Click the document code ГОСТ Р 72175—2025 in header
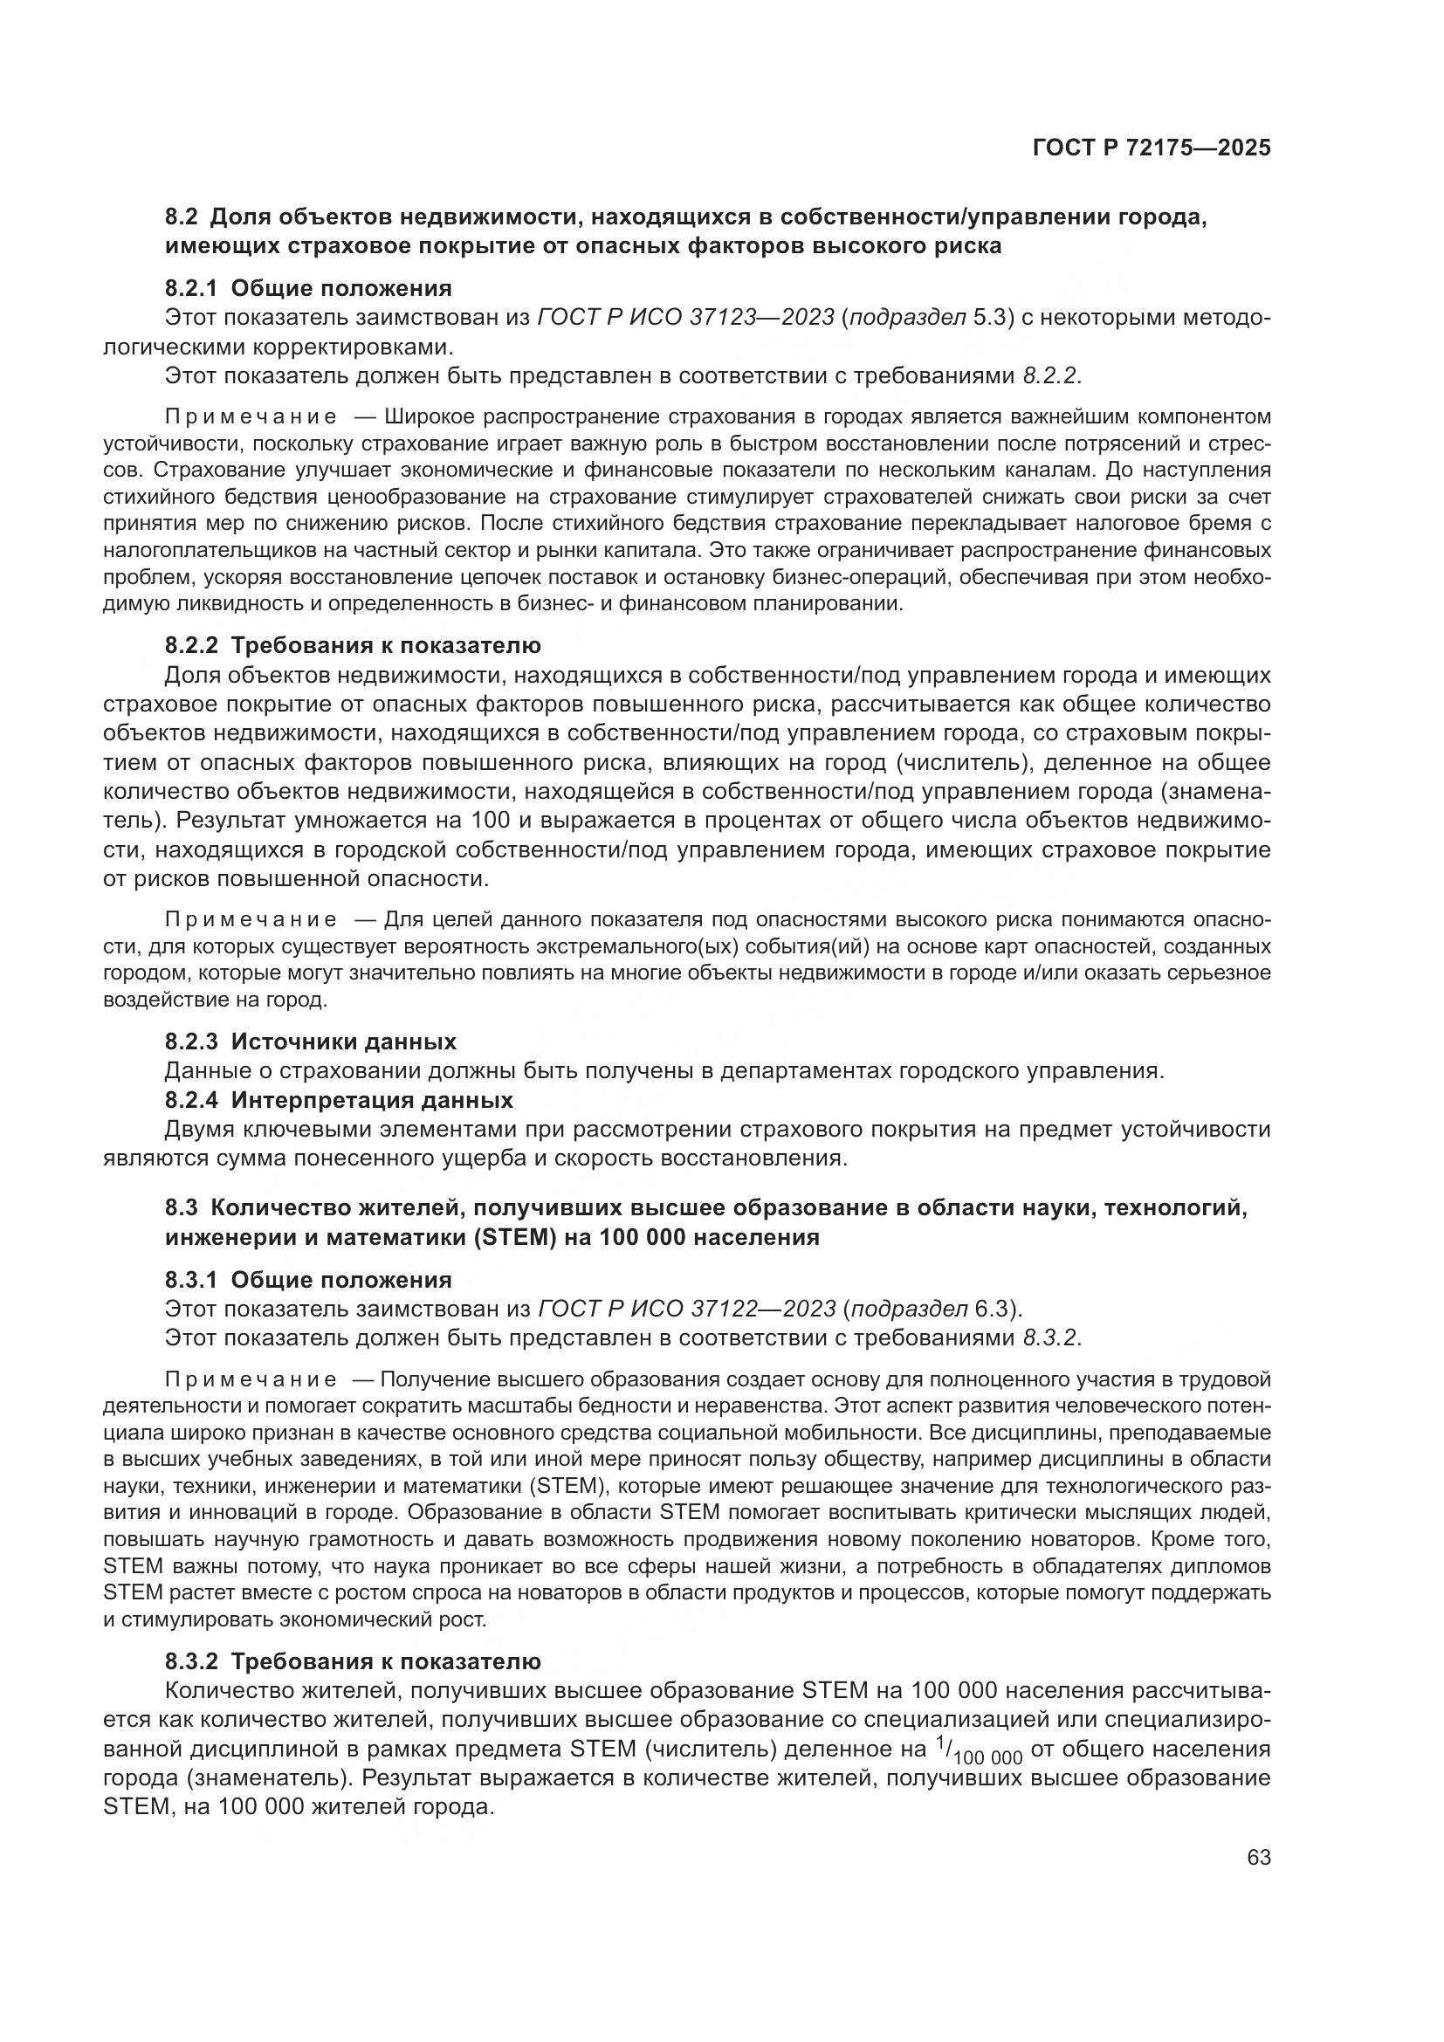pos(1152,148)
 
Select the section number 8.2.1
pos(191,288)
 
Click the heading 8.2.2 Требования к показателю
pos(352,645)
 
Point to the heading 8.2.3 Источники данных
pos(310,1042)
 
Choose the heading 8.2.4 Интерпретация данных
pos(339,1100)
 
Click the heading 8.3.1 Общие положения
pos(307,1280)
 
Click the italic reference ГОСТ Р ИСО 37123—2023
pos(685,318)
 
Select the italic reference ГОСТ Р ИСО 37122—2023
pos(686,1310)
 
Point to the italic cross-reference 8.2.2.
pos(1050,375)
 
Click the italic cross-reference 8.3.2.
pos(1050,1337)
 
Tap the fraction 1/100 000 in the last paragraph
pos(979,1751)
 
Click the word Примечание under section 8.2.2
pos(251,919)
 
